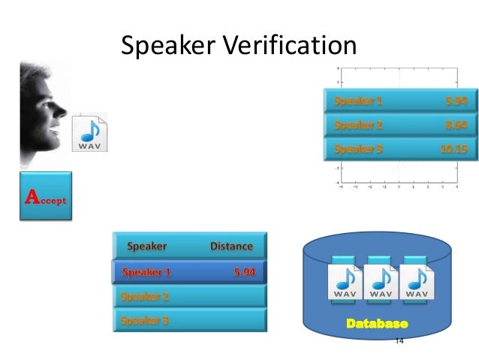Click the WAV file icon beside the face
coord(89,132)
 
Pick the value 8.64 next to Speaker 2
coord(456,124)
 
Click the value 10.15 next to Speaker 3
coord(453,149)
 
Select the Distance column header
coord(231,246)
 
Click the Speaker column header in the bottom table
coord(147,246)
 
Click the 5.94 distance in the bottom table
coord(244,271)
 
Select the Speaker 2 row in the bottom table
coord(190,296)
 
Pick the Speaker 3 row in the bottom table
coord(190,320)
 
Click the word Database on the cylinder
coord(377,325)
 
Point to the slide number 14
coord(399,340)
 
